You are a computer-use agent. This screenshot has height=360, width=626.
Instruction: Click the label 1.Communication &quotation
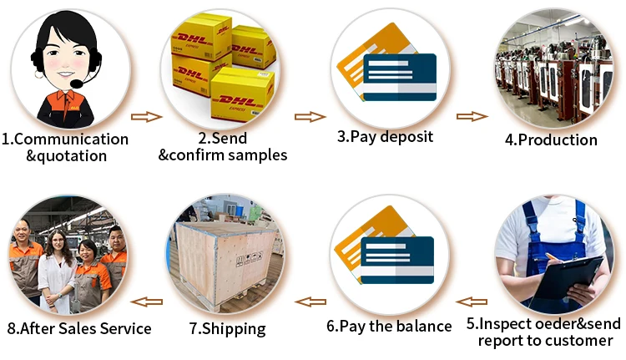(65, 147)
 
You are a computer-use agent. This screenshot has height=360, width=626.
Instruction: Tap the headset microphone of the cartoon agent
(78, 84)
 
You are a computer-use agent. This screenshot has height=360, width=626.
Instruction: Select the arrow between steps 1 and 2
(147, 117)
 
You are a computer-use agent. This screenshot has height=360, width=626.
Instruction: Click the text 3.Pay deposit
(385, 136)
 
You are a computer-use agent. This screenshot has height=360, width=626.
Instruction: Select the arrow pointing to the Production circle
(471, 117)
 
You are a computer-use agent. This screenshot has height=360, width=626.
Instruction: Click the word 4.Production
(551, 139)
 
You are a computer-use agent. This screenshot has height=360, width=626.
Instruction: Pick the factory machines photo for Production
(552, 68)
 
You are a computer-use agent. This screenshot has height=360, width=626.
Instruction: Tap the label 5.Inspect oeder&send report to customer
(545, 331)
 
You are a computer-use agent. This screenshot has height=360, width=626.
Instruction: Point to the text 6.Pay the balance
(388, 326)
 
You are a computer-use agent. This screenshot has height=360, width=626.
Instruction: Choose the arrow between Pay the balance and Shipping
(311, 301)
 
